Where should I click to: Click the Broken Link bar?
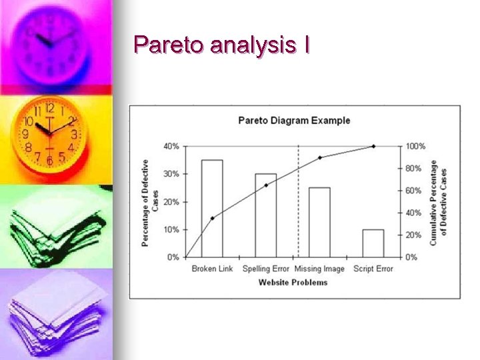212,208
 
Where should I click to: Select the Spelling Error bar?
265,215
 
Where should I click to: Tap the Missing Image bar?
319,222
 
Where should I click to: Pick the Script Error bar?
373,243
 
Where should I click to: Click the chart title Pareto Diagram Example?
294,121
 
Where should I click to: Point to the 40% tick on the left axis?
171,146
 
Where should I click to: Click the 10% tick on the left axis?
171,229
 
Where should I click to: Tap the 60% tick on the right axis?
413,191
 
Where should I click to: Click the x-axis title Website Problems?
293,283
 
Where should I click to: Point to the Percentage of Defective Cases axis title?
150,203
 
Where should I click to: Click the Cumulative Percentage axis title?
438,203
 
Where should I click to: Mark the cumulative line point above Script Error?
373,146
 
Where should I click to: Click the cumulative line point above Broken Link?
212,218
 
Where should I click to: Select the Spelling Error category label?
265,269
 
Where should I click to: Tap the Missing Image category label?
319,269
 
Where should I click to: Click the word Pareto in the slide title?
168,45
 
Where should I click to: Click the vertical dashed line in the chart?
298,200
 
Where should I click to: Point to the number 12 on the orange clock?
50,108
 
